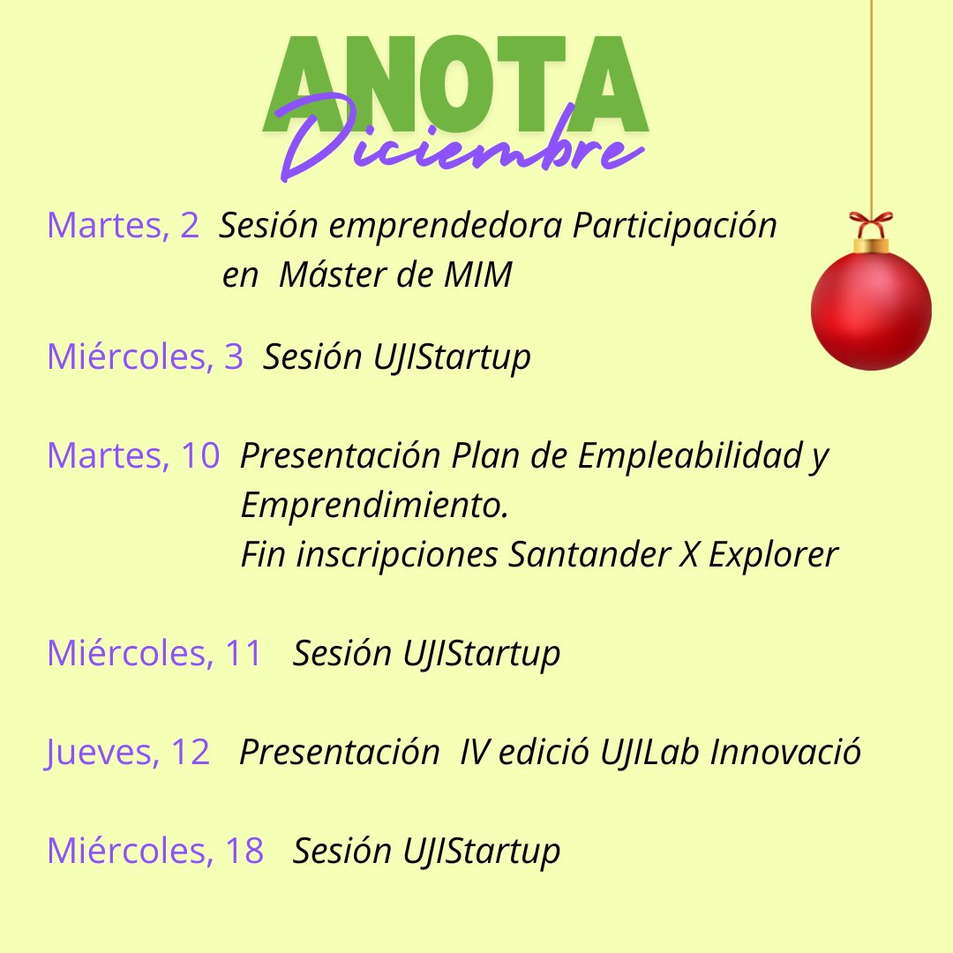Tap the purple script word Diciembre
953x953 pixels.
click(459, 146)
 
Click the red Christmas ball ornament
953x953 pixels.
click(871, 309)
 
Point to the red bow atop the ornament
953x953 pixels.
click(871, 221)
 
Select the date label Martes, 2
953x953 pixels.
click(123, 227)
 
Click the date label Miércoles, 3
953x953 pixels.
click(145, 357)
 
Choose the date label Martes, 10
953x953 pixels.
click(133, 456)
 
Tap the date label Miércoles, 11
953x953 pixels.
click(155, 654)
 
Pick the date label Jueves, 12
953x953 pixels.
click(128, 753)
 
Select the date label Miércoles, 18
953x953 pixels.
click(155, 851)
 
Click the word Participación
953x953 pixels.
click(674, 227)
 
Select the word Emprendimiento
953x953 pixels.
click(374, 507)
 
